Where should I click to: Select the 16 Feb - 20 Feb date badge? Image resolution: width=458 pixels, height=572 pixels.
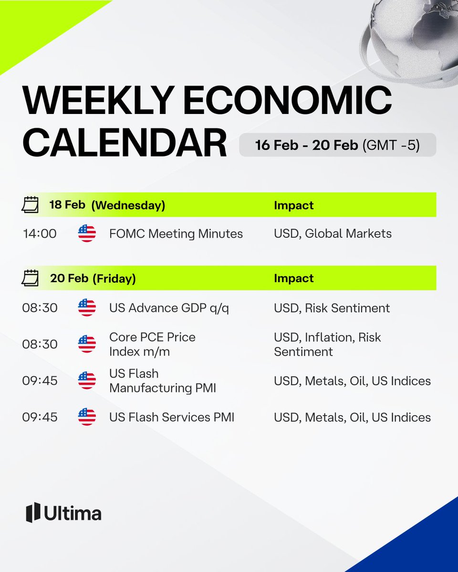pos(337,145)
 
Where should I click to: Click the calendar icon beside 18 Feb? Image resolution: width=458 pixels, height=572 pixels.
pos(31,205)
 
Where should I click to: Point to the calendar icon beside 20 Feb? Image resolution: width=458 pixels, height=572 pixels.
pos(31,278)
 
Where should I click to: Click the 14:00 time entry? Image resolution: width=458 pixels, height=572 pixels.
pos(40,234)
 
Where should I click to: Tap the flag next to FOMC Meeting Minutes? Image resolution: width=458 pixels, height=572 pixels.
pos(87,234)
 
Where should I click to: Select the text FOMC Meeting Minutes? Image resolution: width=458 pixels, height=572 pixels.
pos(176,234)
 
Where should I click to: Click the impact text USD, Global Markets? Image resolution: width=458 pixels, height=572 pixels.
pos(333,234)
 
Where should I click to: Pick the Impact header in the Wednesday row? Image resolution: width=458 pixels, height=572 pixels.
pos(293,205)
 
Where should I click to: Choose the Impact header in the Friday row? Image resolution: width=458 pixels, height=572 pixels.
pos(293,278)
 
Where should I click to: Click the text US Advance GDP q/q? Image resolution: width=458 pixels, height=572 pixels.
pos(169,308)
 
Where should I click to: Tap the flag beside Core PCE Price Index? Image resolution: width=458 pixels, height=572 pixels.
pos(87,344)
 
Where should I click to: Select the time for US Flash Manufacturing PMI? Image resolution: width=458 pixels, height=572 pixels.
pos(40,381)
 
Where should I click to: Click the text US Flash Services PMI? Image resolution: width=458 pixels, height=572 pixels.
pos(172,418)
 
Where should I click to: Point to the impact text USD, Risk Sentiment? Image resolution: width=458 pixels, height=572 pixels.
pos(332,308)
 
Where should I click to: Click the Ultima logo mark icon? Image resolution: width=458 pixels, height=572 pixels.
pos(33,512)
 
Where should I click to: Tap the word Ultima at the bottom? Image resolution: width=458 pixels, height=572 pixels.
pos(73,513)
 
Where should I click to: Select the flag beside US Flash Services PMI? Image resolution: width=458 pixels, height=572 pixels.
pos(87,418)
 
